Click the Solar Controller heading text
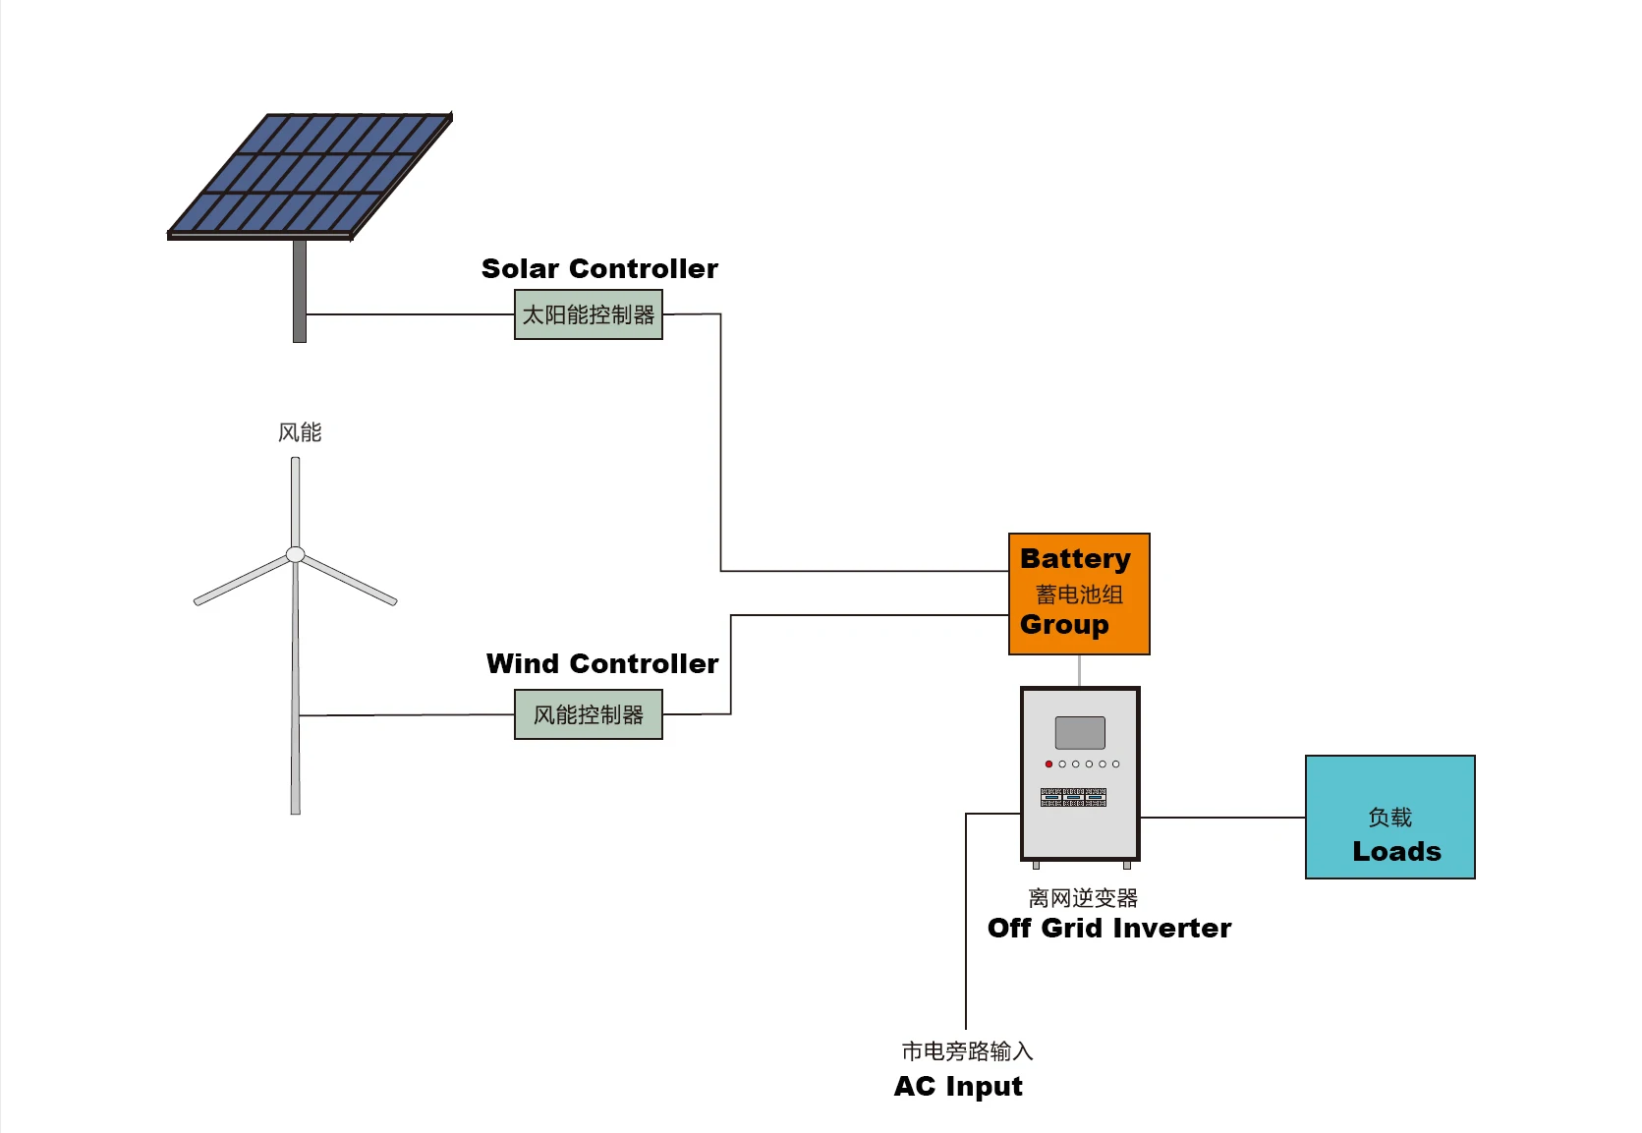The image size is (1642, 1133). click(599, 269)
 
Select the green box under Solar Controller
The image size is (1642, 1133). click(588, 314)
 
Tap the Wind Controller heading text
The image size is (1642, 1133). click(601, 664)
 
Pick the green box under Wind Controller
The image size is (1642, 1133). click(588, 714)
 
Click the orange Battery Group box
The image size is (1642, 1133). click(1079, 594)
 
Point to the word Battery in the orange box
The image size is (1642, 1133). click(1075, 559)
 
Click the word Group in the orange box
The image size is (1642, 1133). click(1064, 625)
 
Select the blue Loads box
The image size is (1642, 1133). click(1389, 817)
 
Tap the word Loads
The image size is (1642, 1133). click(1396, 852)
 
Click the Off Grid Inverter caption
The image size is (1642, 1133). click(1108, 929)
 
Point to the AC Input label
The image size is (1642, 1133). click(958, 1087)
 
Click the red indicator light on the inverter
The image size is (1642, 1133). click(1048, 764)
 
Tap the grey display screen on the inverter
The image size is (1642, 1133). click(1080, 732)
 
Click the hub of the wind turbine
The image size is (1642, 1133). click(295, 554)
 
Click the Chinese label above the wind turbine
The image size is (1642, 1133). click(300, 432)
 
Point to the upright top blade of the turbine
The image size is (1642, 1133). click(295, 501)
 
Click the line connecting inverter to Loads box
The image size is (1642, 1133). click(1222, 817)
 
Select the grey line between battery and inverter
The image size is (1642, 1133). click(1079, 670)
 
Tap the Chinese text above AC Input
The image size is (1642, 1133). click(967, 1051)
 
